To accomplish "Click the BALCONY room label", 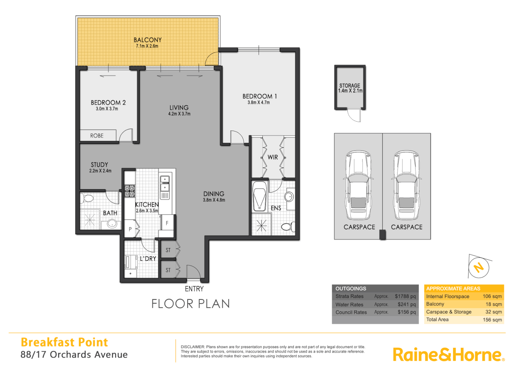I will pos(148,40).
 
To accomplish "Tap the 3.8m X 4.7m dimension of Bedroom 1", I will pos(259,102).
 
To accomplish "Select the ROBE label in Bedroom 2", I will pos(97,136).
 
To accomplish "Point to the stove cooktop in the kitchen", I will pos(129,191).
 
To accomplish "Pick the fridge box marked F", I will pos(167,223).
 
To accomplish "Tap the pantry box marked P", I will pos(130,229).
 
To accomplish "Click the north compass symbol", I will pos(479,267).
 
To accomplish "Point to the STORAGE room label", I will pos(350,86).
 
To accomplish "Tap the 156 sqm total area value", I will pos(492,319).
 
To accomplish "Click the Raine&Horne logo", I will pos(448,355).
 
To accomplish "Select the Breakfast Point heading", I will pos(64,342).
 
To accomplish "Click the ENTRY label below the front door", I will pos(194,289).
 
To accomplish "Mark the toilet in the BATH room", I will pos(88,199).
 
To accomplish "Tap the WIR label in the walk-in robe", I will pos(273,157).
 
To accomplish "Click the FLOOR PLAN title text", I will pos(190,304).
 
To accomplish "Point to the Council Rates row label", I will pos(351,312).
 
